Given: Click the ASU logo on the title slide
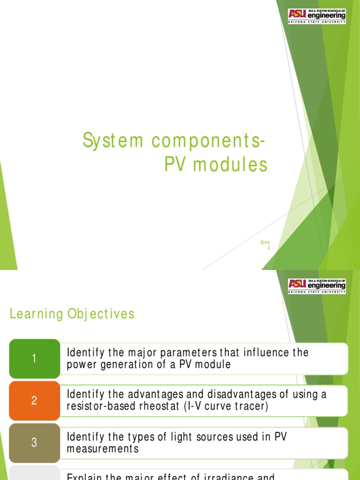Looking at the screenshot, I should coord(317,16).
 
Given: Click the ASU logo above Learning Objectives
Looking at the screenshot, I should coord(317,286).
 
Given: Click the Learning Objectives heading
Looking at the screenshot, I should coord(72,314).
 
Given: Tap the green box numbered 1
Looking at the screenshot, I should coord(34,359).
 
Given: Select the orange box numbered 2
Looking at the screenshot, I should coord(34,400).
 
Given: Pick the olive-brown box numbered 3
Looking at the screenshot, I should coord(34,442).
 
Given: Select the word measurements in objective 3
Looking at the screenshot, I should coord(103,449).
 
